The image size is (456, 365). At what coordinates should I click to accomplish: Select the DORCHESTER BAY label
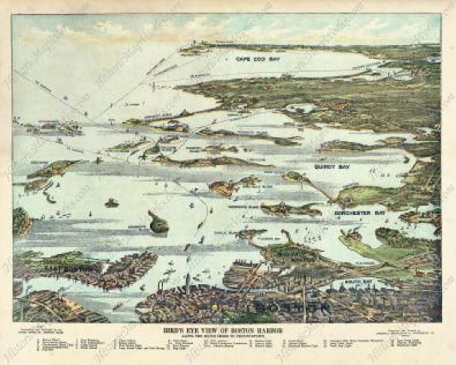[x=356, y=213]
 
